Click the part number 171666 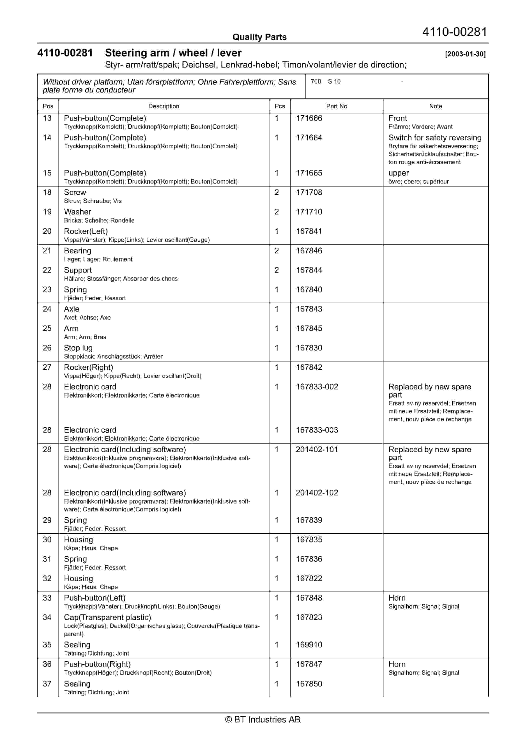tap(309, 118)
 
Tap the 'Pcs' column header tap(280, 106)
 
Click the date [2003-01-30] tap(465, 54)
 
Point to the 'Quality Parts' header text tap(259, 37)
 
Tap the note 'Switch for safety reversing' tap(435, 138)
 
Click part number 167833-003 tap(317, 430)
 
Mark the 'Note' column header tap(435, 106)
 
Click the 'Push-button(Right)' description tap(97, 664)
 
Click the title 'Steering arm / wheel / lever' tap(173, 53)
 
